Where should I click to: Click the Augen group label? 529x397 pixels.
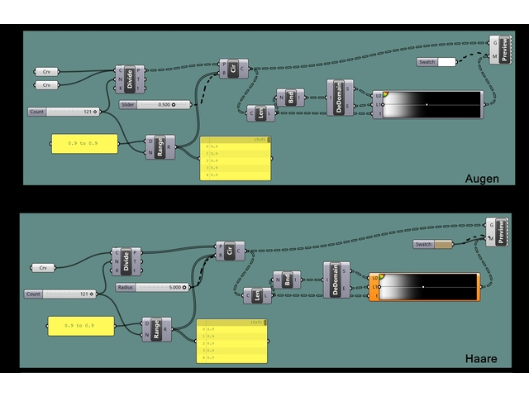pyautogui.click(x=481, y=177)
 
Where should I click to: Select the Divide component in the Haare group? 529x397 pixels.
pyautogui.click(x=126, y=261)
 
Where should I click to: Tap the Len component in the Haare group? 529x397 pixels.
pyautogui.click(x=257, y=294)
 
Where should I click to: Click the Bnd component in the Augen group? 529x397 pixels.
pyautogui.click(x=290, y=98)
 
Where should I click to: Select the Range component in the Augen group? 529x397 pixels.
pyautogui.click(x=160, y=146)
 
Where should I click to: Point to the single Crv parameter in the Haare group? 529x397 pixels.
pyautogui.click(x=42, y=267)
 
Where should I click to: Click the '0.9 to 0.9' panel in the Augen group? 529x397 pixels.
pyautogui.click(x=83, y=144)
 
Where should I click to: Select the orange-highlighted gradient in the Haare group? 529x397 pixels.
pyautogui.click(x=427, y=288)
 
